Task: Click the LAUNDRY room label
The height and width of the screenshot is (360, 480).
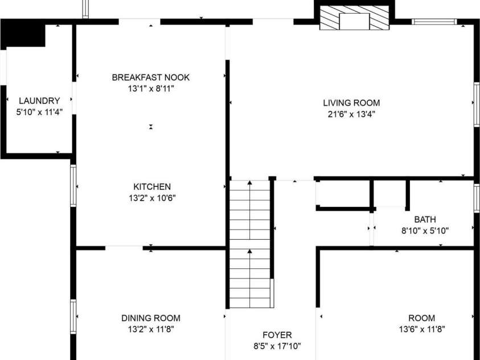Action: tap(39, 101)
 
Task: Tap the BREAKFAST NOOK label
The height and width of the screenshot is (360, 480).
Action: tap(151, 77)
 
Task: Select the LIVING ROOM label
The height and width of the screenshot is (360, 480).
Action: tap(351, 103)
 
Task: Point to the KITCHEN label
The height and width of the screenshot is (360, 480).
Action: tap(152, 187)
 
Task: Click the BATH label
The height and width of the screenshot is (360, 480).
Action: tap(425, 219)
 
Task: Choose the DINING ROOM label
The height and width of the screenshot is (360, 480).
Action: tap(151, 318)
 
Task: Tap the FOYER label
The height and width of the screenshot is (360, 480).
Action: tap(277, 335)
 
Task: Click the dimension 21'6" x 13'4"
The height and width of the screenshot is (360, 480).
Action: tap(351, 114)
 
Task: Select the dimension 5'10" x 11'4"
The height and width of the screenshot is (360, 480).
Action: tap(39, 112)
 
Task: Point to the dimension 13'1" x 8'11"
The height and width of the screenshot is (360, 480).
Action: tap(151, 89)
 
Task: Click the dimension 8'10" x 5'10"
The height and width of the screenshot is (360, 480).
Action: tap(425, 231)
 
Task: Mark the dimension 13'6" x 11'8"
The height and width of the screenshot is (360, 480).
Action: tap(421, 329)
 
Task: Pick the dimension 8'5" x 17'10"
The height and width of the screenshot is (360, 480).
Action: tap(277, 346)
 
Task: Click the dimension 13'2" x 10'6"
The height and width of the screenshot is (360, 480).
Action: tap(152, 198)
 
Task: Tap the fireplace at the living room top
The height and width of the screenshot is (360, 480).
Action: tap(355, 19)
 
